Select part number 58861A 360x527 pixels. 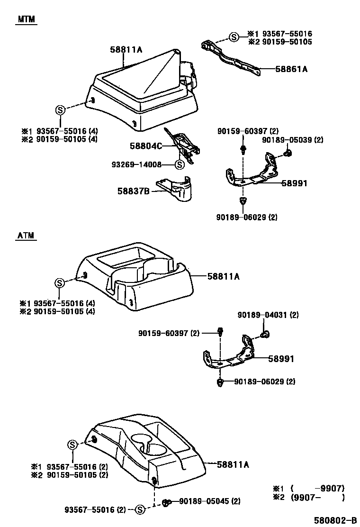pyautogui.click(x=292, y=69)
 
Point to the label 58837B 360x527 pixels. pyautogui.click(x=134, y=191)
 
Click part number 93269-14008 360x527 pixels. pyautogui.click(x=137, y=164)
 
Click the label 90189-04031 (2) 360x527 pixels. pyautogui.click(x=268, y=315)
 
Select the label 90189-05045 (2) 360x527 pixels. pyautogui.click(x=210, y=501)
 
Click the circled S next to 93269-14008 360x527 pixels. pyautogui.click(x=179, y=165)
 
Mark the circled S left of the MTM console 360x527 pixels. pyautogui.click(x=60, y=110)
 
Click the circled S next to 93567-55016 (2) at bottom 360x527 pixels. pyautogui.click(x=140, y=509)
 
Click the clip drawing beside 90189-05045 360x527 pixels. pyautogui.click(x=167, y=502)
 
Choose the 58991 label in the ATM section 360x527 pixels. pyautogui.click(x=281, y=359)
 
